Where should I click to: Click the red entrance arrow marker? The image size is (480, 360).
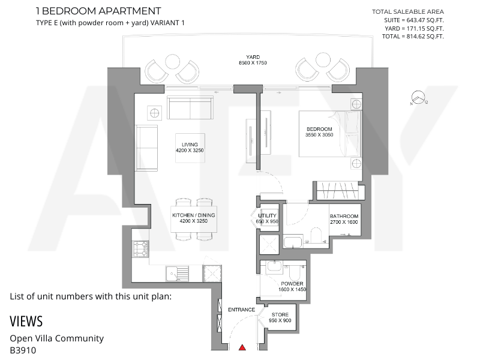tap(242, 347)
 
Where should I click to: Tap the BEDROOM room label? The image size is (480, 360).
tap(319, 129)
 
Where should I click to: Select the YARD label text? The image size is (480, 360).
tap(253, 57)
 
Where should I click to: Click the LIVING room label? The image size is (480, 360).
tap(190, 145)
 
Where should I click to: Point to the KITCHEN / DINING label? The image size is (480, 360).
tap(193, 215)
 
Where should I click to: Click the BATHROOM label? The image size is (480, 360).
tap(344, 216)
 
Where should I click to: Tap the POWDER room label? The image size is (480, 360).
tap(292, 284)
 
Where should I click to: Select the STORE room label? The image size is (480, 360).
tap(280, 314)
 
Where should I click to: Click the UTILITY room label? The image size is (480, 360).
tap(267, 215)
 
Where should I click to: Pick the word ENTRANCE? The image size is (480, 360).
tap(242, 310)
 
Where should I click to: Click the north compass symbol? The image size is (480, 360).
tap(418, 98)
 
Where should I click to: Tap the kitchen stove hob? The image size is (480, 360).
tap(140, 249)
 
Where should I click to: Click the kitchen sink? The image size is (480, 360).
tap(178, 274)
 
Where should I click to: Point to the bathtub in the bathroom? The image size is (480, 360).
tap(293, 242)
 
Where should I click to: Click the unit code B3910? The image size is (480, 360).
tap(23, 350)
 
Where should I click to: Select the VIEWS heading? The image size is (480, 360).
tap(26, 322)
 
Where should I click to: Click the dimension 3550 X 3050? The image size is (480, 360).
tap(319, 134)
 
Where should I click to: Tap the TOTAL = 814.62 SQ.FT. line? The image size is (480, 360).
tap(413, 37)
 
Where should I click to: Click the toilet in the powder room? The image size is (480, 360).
tap(296, 269)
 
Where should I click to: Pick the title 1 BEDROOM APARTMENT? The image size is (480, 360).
tap(98, 11)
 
